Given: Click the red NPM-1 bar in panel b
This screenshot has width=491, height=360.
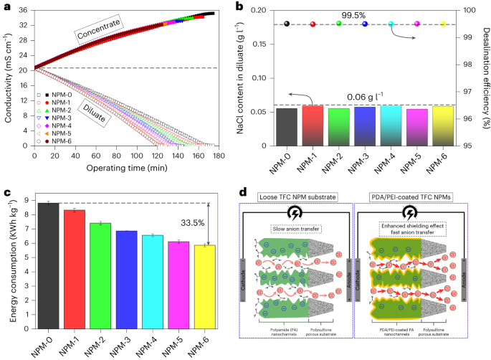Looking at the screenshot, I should pos(313,125).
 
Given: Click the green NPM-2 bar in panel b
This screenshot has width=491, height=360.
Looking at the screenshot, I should pos(339,127).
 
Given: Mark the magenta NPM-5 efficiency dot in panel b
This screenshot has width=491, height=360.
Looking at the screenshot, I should pos(417,24).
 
